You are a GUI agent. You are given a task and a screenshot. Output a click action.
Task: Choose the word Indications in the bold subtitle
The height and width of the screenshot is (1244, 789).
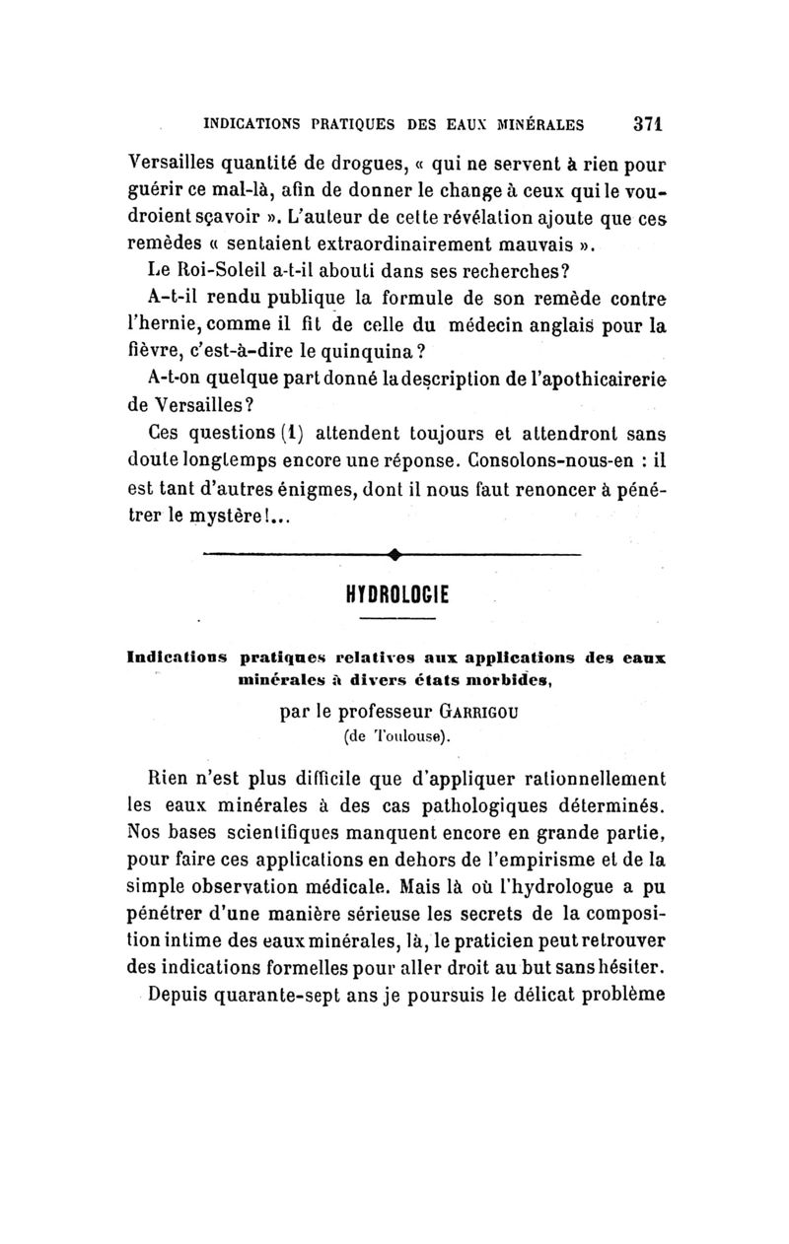(x=172, y=657)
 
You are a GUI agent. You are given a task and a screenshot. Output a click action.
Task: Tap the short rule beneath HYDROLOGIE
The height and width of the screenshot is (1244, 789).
(x=396, y=619)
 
